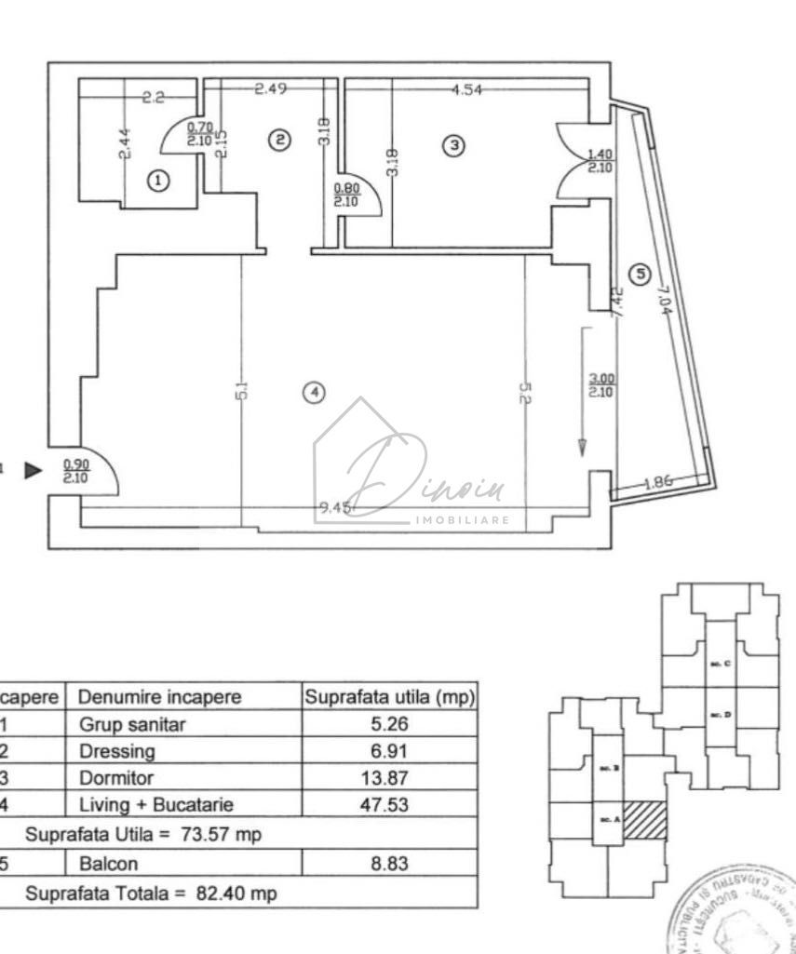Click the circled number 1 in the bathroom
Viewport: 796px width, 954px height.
pyautogui.click(x=159, y=181)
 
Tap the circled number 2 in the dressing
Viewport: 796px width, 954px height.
pyautogui.click(x=277, y=140)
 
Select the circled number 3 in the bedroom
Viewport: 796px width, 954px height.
pyautogui.click(x=452, y=145)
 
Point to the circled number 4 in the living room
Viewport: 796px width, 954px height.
pyautogui.click(x=315, y=393)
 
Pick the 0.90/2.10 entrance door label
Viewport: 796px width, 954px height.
pyautogui.click(x=75, y=471)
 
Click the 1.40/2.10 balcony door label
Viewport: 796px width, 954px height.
pyautogui.click(x=600, y=163)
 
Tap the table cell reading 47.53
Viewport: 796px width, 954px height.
pyautogui.click(x=384, y=804)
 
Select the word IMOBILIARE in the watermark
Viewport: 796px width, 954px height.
pyautogui.click(x=461, y=519)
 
